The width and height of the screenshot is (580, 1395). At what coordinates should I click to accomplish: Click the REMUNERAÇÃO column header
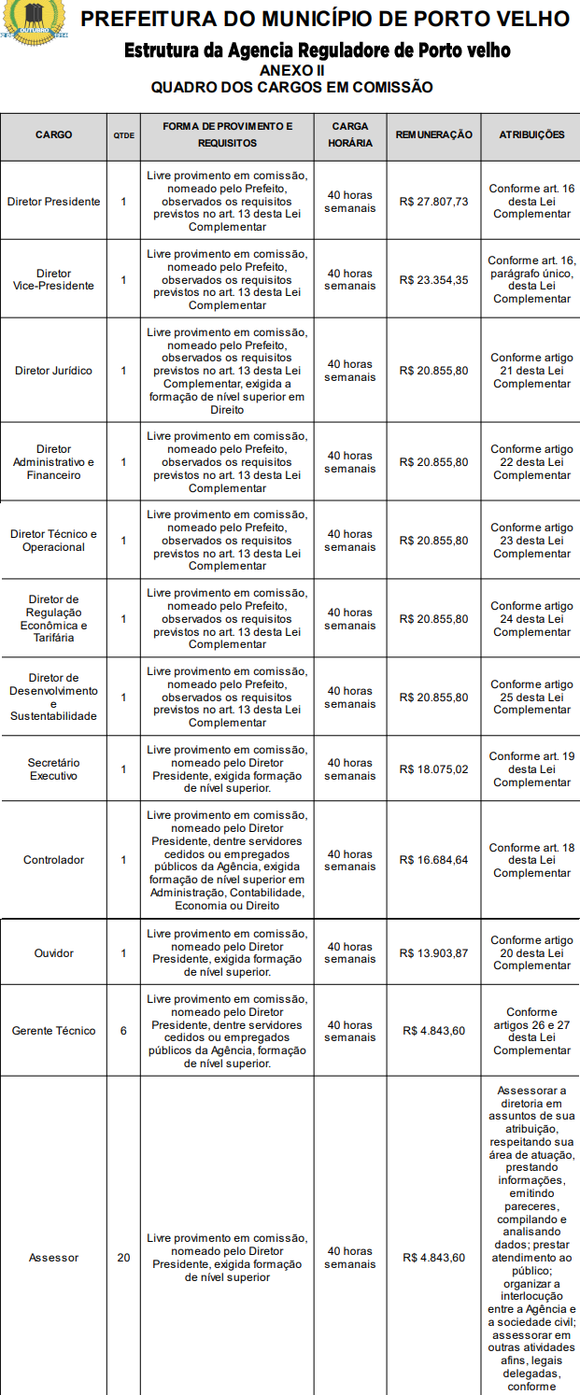pyautogui.click(x=433, y=134)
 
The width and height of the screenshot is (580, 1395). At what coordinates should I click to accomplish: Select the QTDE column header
pyautogui.click(x=123, y=135)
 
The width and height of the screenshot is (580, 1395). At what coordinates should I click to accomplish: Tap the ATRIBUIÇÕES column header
pyautogui.click(x=531, y=134)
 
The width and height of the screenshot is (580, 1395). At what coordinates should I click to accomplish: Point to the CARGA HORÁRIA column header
pyautogui.click(x=350, y=134)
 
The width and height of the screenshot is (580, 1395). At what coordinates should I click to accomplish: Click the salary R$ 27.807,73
pyautogui.click(x=433, y=202)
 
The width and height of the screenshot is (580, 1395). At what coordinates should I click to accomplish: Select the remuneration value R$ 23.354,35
pyautogui.click(x=433, y=280)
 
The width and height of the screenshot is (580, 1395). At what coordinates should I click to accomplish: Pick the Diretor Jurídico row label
pyautogui.click(x=53, y=371)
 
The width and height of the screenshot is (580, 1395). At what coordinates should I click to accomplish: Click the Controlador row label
pyautogui.click(x=53, y=860)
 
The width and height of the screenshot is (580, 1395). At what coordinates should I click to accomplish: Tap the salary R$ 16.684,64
pyautogui.click(x=433, y=860)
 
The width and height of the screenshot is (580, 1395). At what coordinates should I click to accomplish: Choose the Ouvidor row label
pyautogui.click(x=53, y=953)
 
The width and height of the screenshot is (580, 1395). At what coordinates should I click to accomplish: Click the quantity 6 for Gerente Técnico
pyautogui.click(x=123, y=1031)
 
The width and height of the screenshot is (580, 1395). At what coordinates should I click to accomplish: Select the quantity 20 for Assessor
pyautogui.click(x=123, y=1258)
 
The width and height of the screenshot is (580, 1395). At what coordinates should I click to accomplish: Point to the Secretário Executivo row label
pyautogui.click(x=53, y=769)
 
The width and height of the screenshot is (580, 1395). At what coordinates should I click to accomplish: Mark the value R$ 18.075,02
pyautogui.click(x=433, y=769)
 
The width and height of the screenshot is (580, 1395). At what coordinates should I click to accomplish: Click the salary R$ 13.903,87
pyautogui.click(x=433, y=953)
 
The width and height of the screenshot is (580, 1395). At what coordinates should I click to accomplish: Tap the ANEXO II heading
pyautogui.click(x=292, y=70)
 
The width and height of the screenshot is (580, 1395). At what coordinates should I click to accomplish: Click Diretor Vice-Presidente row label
pyautogui.click(x=53, y=279)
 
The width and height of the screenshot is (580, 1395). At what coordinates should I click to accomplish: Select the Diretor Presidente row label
pyautogui.click(x=53, y=202)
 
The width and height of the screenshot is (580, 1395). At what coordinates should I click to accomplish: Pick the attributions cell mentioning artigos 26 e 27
pyautogui.click(x=531, y=1031)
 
